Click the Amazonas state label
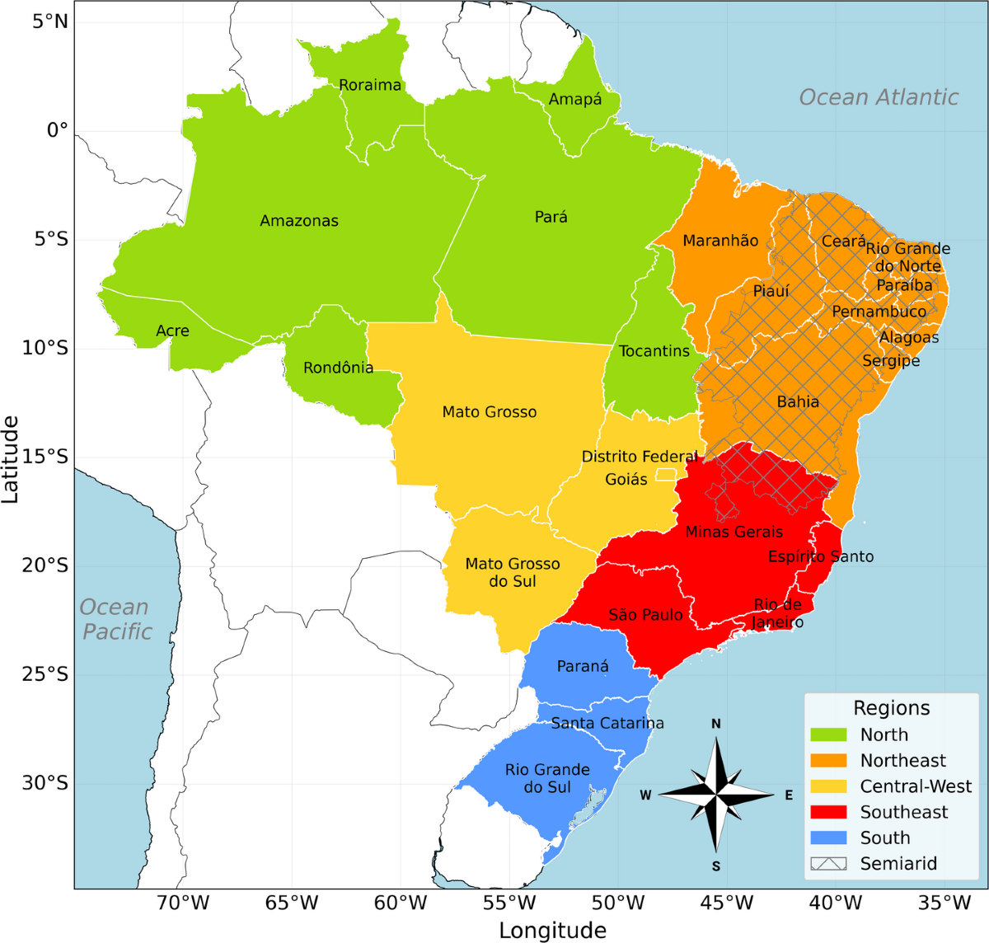click(299, 221)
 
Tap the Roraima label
click(370, 85)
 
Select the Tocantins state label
click(654, 351)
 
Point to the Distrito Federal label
click(640, 457)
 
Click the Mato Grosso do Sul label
click(513, 572)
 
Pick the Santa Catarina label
click(607, 723)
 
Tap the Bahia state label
click(798, 402)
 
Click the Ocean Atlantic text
click(879, 97)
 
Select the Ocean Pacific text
click(116, 619)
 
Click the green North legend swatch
click(828, 734)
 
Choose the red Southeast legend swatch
click(828, 812)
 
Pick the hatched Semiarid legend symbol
click(828, 864)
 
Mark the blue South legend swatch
click(828, 837)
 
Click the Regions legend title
click(891, 708)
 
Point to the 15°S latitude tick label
click(45, 457)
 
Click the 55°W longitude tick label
click(509, 903)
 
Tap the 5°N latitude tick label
click(50, 21)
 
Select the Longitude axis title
click(552, 931)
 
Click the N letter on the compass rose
click(716, 724)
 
